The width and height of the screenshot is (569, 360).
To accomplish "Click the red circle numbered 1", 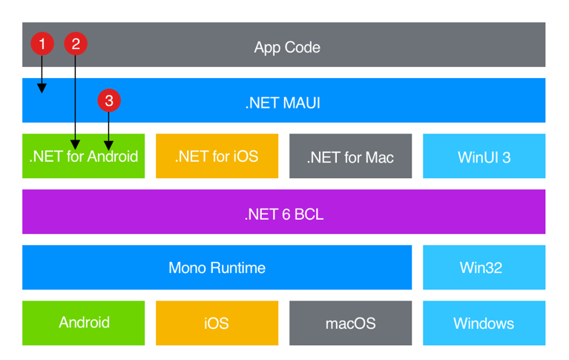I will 42,44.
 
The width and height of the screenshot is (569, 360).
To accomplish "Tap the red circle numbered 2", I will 75,44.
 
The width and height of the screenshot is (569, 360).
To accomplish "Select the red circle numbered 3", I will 109,100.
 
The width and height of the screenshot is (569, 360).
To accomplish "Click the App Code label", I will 287,48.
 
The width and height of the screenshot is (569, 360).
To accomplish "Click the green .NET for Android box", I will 83,157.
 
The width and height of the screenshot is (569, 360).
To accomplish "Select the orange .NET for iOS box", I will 217,157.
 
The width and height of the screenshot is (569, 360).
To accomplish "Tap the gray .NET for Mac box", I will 350,157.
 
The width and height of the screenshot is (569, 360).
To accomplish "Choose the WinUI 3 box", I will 484,157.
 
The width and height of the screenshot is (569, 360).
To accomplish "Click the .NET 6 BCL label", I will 283,215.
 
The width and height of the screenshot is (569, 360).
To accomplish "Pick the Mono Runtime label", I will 217,267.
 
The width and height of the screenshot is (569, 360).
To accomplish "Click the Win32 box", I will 484,267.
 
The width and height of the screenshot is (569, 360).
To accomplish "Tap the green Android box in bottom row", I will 83,323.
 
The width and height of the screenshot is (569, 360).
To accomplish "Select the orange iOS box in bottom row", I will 217,323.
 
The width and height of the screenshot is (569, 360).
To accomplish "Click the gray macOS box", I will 350,323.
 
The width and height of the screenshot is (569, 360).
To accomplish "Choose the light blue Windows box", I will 484,323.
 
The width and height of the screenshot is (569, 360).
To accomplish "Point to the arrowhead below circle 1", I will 42,88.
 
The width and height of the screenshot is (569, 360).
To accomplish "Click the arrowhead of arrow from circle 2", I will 75,144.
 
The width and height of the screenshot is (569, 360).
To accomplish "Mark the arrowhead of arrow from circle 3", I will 109,144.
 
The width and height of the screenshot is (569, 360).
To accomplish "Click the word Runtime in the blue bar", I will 237,267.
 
